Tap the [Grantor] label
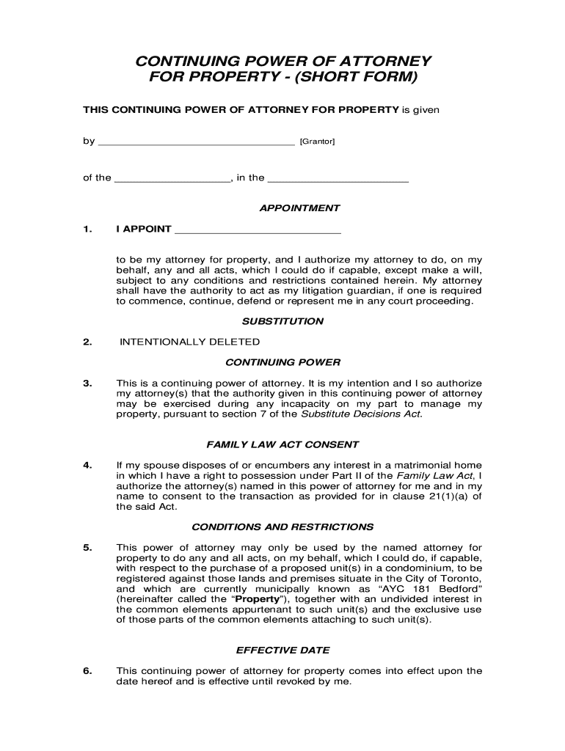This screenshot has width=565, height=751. (316, 142)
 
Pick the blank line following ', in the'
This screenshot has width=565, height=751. (338, 179)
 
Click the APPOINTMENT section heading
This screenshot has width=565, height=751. (299, 208)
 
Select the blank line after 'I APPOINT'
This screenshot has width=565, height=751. (258, 230)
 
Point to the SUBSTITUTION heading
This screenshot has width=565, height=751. (282, 321)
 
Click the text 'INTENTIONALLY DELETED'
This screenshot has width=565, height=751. (189, 342)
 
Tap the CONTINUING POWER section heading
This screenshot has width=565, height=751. (282, 362)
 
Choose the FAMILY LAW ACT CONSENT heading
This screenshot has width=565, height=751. (282, 444)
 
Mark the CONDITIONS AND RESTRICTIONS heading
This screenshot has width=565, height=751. (282, 527)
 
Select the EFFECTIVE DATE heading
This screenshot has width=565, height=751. (282, 650)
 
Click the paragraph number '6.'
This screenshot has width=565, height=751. (87, 670)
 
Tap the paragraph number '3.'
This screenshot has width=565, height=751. (87, 384)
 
